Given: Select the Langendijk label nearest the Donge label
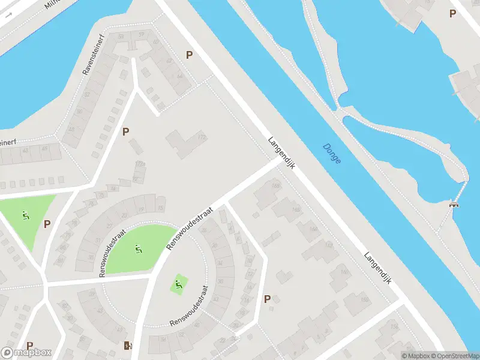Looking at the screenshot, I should pyautogui.click(x=283, y=152).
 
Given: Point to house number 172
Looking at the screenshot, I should pyautogui.click(x=202, y=137).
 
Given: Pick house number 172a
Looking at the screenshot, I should pyautogui.click(x=140, y=163).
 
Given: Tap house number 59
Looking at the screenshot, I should pyautogui.click(x=142, y=35).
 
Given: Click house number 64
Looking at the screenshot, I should pyautogui.click(x=179, y=77).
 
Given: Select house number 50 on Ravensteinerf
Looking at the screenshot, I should pyautogui.click(x=79, y=112).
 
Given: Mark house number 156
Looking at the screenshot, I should pyautogui.click(x=394, y=326).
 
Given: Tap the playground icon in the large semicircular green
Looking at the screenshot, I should pyautogui.click(x=138, y=247).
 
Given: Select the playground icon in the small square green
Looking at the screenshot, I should pyautogui.click(x=178, y=283).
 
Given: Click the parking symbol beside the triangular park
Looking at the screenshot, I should pyautogui.click(x=47, y=224).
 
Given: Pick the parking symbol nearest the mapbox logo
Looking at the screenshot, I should pyautogui.click(x=29, y=345).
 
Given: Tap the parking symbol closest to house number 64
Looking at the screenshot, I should pyautogui.click(x=189, y=55).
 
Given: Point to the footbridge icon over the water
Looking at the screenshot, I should pyautogui.click(x=454, y=205).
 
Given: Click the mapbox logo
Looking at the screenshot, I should pyautogui.click(x=26, y=353).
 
